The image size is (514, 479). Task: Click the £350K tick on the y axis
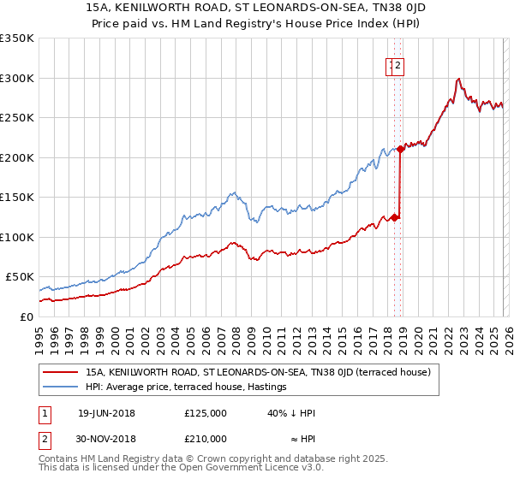pyautogui.click(x=17, y=38)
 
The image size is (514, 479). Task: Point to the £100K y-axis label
pyautogui.click(x=17, y=237)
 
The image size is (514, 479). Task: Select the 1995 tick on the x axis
pyautogui.click(x=39, y=334)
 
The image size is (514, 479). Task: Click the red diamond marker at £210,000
pyautogui.click(x=400, y=150)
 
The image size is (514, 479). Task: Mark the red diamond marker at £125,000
pyautogui.click(x=394, y=217)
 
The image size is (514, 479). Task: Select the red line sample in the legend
pyautogui.click(x=60, y=372)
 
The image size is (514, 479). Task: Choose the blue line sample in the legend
pyautogui.click(x=60, y=387)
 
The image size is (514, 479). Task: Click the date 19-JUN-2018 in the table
pyautogui.click(x=106, y=413)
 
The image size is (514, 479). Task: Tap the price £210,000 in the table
pyautogui.click(x=205, y=438)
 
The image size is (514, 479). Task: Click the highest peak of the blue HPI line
pyautogui.click(x=460, y=79)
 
